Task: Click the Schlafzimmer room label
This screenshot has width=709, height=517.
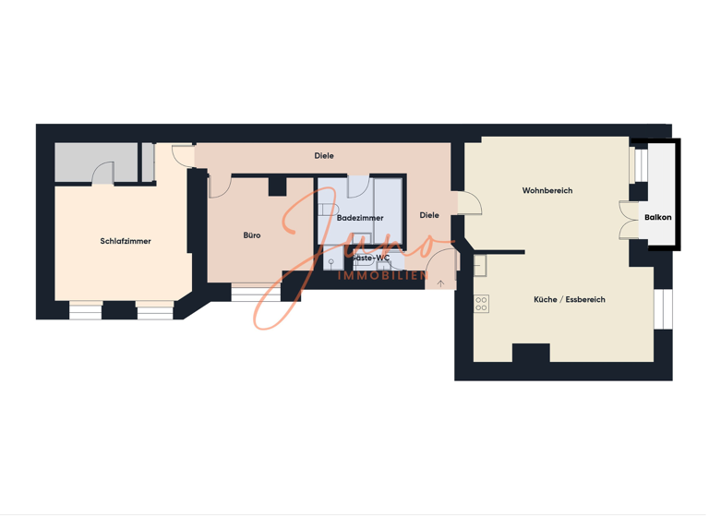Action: [x=126, y=242]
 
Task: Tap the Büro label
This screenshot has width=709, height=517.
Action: [x=252, y=235]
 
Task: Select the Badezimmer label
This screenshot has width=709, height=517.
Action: [x=360, y=219]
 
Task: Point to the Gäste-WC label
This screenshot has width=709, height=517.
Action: [x=371, y=258]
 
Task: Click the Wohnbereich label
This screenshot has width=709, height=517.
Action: [x=547, y=191]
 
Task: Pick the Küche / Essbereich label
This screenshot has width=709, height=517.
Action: [x=570, y=300]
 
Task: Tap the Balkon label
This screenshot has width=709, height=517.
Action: [x=658, y=218]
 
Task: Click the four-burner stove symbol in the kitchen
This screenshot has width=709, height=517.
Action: [x=481, y=303]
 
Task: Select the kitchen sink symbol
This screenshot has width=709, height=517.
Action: [x=480, y=265]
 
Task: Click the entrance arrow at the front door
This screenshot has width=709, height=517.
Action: [x=441, y=283]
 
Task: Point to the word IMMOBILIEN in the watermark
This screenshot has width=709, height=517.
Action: [x=383, y=276]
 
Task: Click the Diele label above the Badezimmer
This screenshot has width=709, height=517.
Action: [x=324, y=156]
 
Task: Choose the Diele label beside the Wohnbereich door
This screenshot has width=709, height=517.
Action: [x=429, y=216]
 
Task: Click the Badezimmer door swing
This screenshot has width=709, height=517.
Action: [x=359, y=186]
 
